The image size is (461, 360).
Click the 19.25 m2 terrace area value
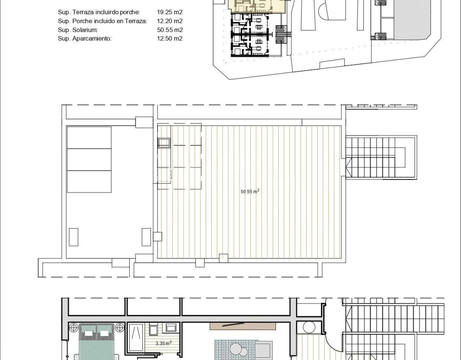click(170, 12)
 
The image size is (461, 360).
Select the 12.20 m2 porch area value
click(170, 21)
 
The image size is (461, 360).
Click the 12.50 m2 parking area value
click(170, 39)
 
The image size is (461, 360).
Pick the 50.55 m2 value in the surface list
click(170, 30)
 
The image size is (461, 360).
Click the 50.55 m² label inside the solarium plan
click(250, 191)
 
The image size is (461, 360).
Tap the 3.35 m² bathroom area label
click(163, 343)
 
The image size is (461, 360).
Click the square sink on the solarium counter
click(164, 143)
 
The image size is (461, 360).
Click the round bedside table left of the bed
click(73, 328)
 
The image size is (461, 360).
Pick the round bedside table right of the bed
click(120, 328)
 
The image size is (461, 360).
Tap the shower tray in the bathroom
click(136, 337)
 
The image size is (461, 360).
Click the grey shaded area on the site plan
click(412, 19)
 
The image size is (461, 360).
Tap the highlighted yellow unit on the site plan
click(258, 6)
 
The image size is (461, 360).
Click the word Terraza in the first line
click(81, 12)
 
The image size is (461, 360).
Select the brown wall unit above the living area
click(243, 326)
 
